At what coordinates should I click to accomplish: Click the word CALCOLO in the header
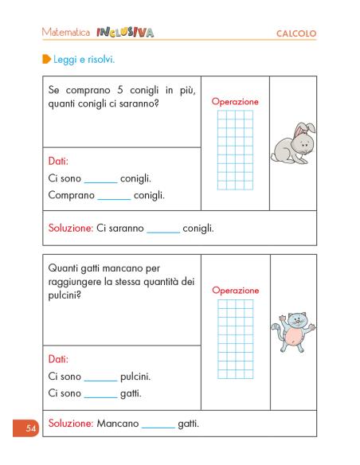pyautogui.click(x=296, y=33)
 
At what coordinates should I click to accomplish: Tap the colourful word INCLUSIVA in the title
pyautogui.click(x=125, y=33)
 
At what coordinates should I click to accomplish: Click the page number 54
pyautogui.click(x=31, y=429)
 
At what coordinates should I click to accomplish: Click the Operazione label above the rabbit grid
pyautogui.click(x=235, y=102)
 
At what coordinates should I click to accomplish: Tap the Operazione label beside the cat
pyautogui.click(x=235, y=291)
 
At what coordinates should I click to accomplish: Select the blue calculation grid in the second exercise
pyautogui.click(x=235, y=338)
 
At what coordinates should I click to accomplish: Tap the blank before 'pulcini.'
pyautogui.click(x=100, y=378)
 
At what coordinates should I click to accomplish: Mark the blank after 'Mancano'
pyautogui.click(x=158, y=425)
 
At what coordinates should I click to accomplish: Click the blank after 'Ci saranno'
pyautogui.click(x=163, y=230)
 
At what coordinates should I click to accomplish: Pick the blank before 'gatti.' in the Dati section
pyautogui.click(x=100, y=395)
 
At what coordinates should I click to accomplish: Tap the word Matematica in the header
pyautogui.click(x=65, y=33)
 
